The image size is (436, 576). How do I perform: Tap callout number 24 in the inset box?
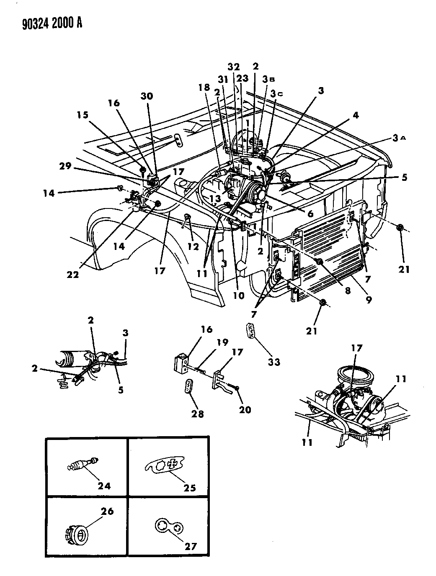(104, 485)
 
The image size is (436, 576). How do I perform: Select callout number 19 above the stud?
(222, 342)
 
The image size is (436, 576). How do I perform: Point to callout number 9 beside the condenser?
(369, 300)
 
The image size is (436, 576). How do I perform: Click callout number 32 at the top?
(234, 67)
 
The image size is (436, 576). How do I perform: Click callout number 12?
(193, 247)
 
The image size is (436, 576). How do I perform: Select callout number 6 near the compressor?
(310, 213)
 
